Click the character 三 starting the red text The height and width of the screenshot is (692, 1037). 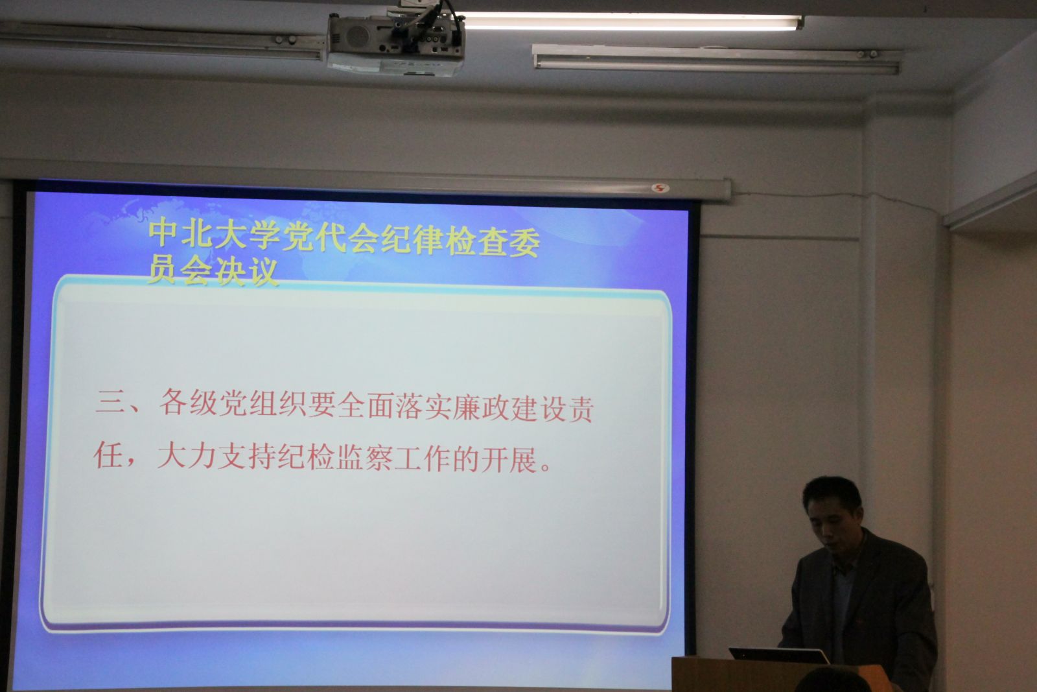[110, 401]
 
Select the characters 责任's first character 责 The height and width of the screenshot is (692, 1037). [579, 409]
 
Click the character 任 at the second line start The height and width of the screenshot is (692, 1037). [108, 455]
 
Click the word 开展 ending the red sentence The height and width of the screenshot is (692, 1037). [509, 460]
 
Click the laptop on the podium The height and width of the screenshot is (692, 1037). [778, 656]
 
